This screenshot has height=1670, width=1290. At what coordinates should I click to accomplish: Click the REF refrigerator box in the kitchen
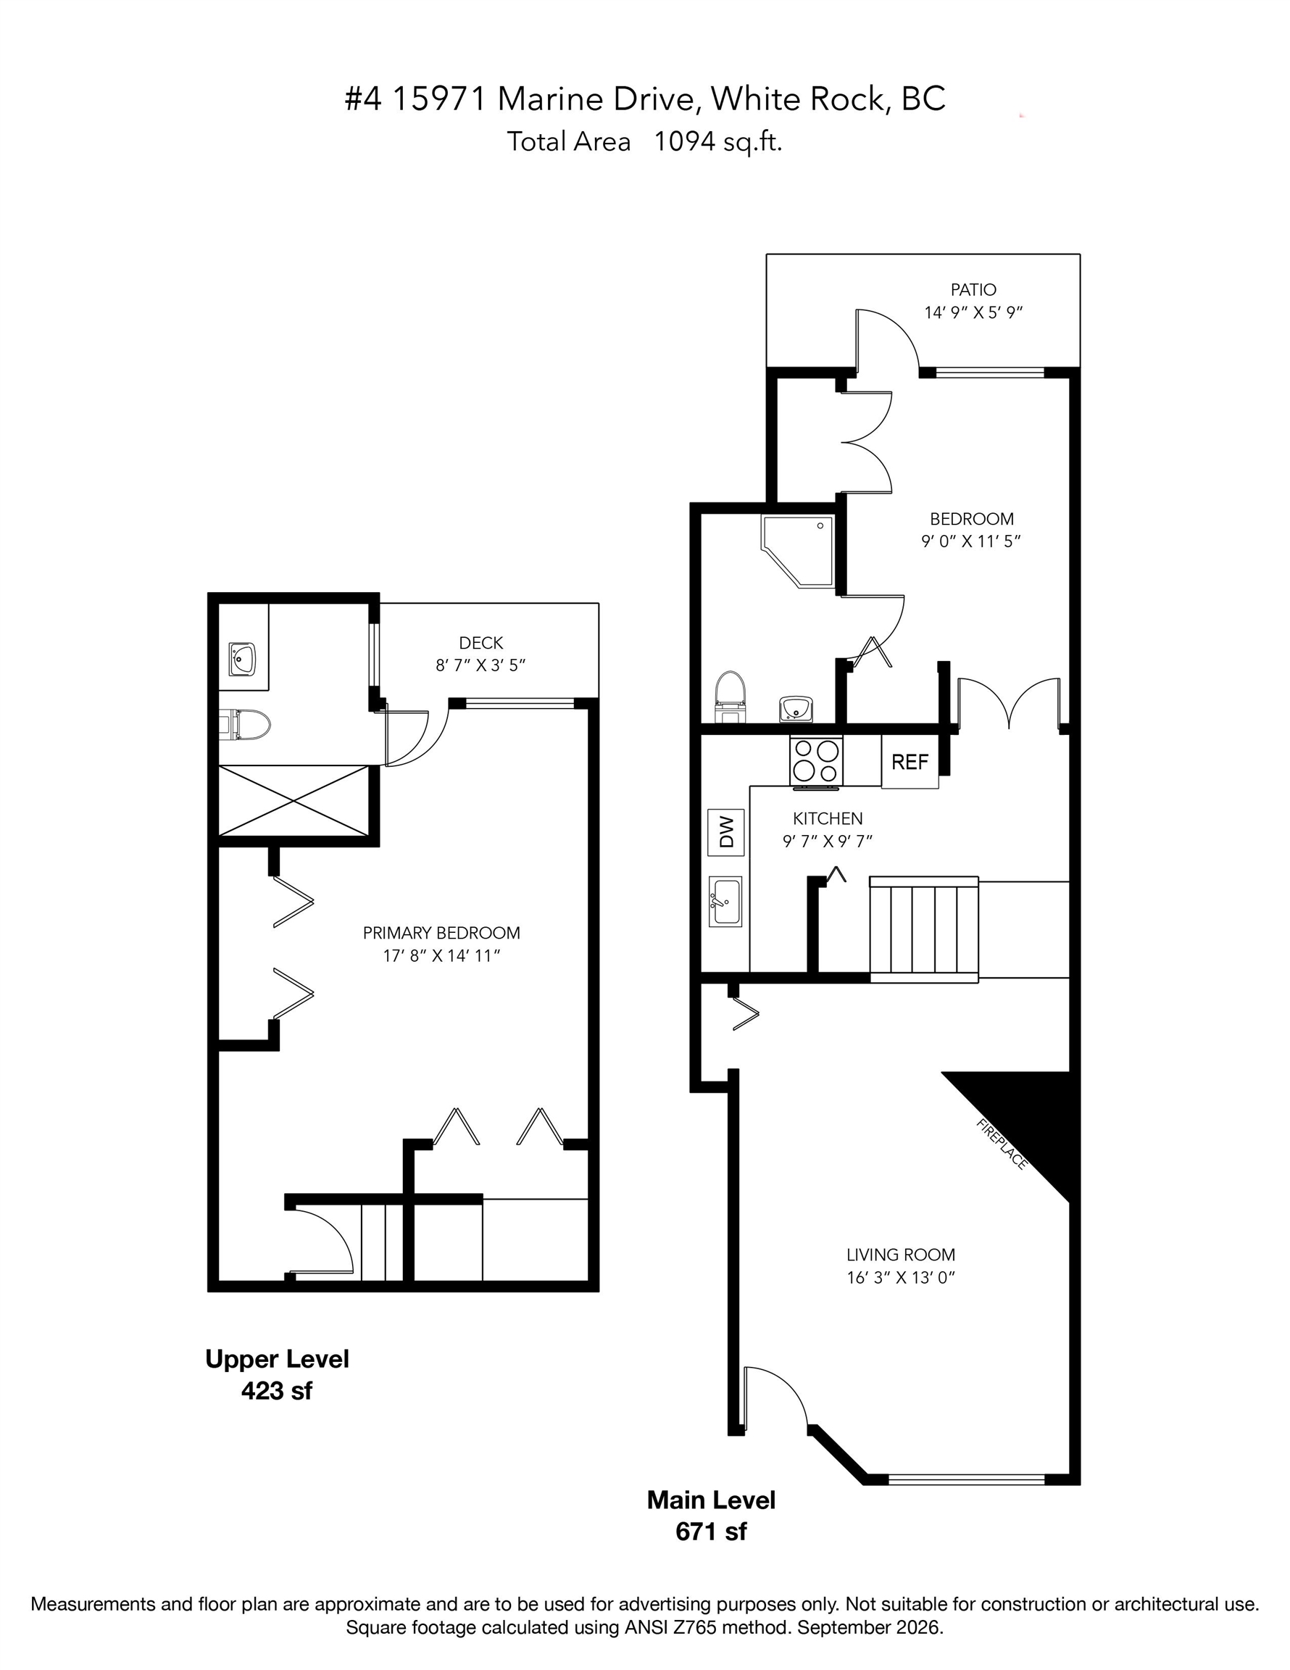point(910,761)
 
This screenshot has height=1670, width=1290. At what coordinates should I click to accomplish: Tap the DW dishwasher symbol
point(725,832)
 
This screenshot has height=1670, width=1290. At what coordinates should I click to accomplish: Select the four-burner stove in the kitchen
point(816,761)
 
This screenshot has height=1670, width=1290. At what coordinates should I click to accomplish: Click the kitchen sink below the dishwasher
point(725,902)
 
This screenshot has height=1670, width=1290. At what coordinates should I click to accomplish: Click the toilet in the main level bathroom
point(730,697)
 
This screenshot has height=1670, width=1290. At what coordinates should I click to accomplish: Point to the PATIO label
point(973,290)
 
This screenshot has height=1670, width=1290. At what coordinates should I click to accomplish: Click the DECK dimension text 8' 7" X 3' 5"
point(481,665)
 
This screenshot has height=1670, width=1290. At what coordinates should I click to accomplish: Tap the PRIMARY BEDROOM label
point(441,933)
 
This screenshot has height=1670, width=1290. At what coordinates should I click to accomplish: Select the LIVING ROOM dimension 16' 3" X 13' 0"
point(901,1278)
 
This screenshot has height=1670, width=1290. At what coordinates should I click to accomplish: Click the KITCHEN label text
point(828,818)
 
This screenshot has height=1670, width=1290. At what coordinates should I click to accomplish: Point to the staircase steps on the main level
point(924,929)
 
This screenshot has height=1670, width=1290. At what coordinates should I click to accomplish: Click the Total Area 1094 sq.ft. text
point(644,141)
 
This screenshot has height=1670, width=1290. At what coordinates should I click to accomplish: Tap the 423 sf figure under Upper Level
point(277,1390)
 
